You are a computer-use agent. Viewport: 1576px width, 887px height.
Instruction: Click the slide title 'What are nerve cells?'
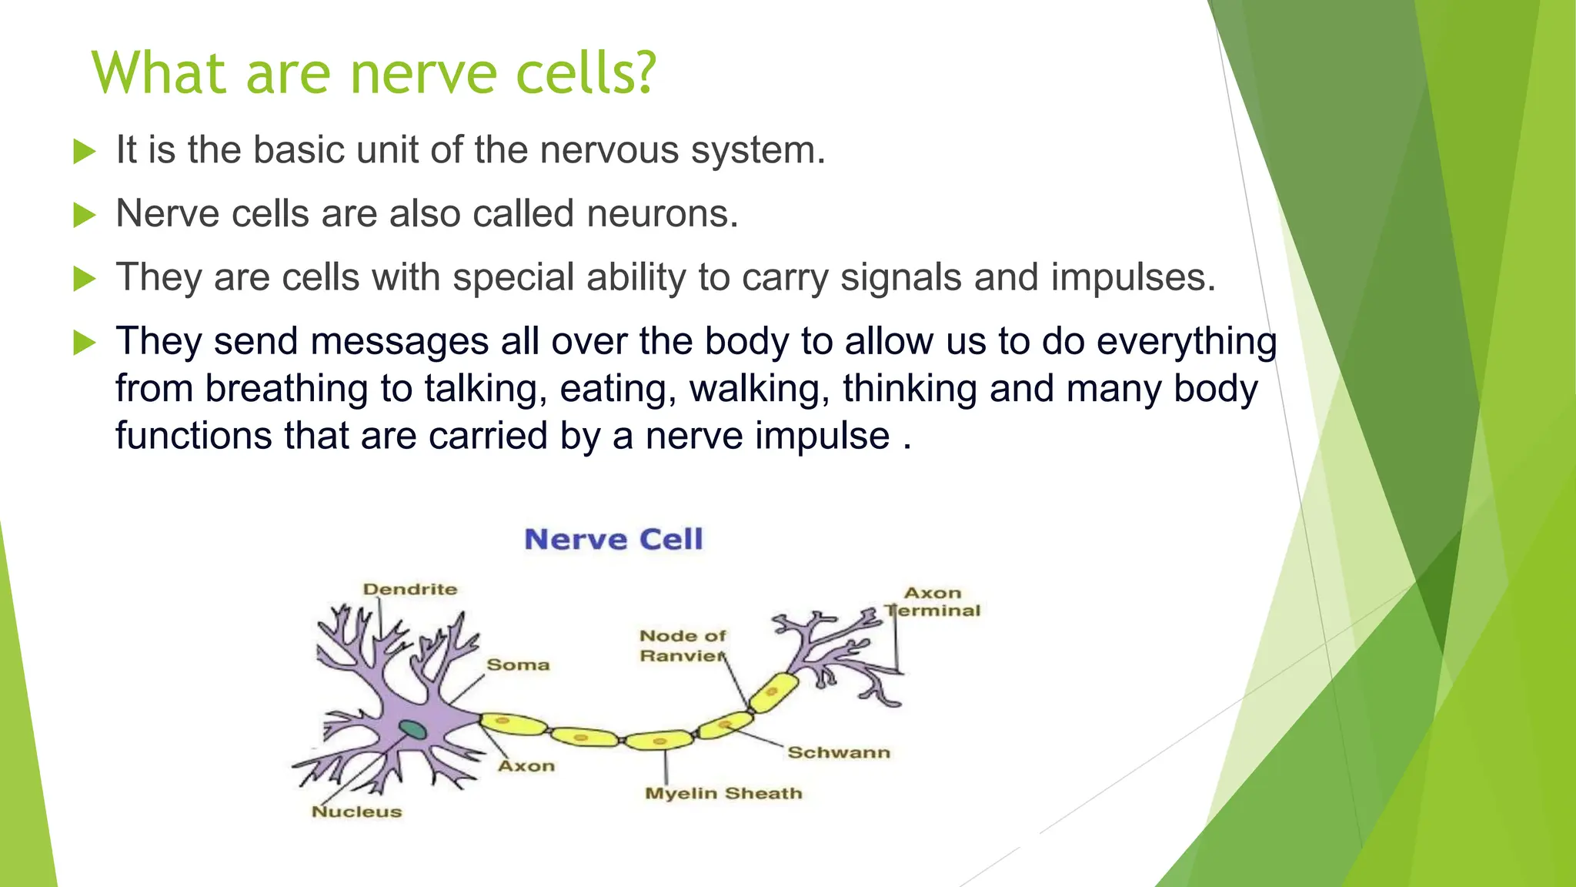374,73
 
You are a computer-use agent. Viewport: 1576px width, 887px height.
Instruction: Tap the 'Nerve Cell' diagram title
613,539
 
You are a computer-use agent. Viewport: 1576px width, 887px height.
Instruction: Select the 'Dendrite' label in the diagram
410,589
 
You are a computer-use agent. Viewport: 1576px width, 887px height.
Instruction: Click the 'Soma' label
518,664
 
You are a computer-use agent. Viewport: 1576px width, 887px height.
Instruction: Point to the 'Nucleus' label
356,812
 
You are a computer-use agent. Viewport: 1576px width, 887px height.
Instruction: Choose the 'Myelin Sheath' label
723,793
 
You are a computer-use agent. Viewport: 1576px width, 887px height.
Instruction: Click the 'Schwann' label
839,752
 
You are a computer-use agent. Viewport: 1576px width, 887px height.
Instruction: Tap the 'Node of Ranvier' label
683,646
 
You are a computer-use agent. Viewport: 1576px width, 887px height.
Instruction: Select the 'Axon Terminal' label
933,601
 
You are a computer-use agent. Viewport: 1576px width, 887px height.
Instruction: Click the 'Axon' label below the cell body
526,766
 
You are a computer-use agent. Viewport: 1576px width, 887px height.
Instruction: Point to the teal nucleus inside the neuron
412,729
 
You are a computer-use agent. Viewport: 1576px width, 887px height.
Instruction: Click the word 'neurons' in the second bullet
662,214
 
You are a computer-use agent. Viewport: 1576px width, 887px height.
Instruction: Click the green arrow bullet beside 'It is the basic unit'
84,151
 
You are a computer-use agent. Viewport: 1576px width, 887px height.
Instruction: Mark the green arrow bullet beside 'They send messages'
84,342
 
